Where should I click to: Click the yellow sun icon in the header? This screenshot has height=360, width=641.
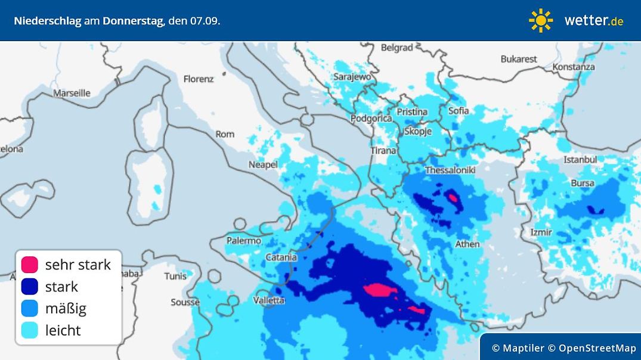tap(540, 20)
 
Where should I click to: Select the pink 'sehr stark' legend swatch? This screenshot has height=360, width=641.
tap(29, 265)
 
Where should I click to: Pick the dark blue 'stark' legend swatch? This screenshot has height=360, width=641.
tap(29, 287)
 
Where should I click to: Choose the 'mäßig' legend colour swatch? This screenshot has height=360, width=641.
tap(29, 309)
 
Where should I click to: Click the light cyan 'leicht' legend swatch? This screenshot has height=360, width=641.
tap(29, 330)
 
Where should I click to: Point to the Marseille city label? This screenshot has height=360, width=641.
tap(72, 93)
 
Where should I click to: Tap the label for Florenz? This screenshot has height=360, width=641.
tap(198, 79)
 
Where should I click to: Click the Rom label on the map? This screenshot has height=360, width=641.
tap(225, 134)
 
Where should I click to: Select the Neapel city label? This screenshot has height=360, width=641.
tap(263, 165)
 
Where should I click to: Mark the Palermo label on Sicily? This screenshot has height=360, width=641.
tap(244, 241)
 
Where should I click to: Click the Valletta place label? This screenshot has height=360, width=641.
tap(269, 300)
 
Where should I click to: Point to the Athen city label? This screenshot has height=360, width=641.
tap(467, 244)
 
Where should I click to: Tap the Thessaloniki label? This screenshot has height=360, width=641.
tap(450, 170)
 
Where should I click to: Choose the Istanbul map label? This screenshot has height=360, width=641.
tap(580, 160)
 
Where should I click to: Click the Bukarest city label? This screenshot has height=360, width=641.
tap(519, 59)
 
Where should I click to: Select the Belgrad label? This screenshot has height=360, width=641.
tap(397, 48)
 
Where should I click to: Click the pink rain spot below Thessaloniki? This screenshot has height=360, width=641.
tap(453, 198)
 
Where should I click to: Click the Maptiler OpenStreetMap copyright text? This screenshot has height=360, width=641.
tap(563, 348)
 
